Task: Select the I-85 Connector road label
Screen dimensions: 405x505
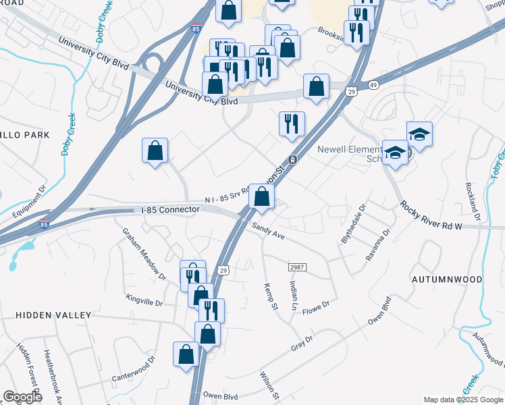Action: (171, 210)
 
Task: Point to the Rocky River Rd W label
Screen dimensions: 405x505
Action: (429, 216)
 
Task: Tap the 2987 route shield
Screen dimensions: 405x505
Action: (298, 267)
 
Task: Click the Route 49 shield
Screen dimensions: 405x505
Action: (373, 84)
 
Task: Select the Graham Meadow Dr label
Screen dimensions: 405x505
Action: (143, 253)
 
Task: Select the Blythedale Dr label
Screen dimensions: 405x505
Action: (353, 225)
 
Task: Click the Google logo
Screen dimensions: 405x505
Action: (22, 397)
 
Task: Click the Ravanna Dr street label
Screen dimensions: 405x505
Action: (378, 245)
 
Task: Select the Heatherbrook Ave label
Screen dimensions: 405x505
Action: (55, 375)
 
